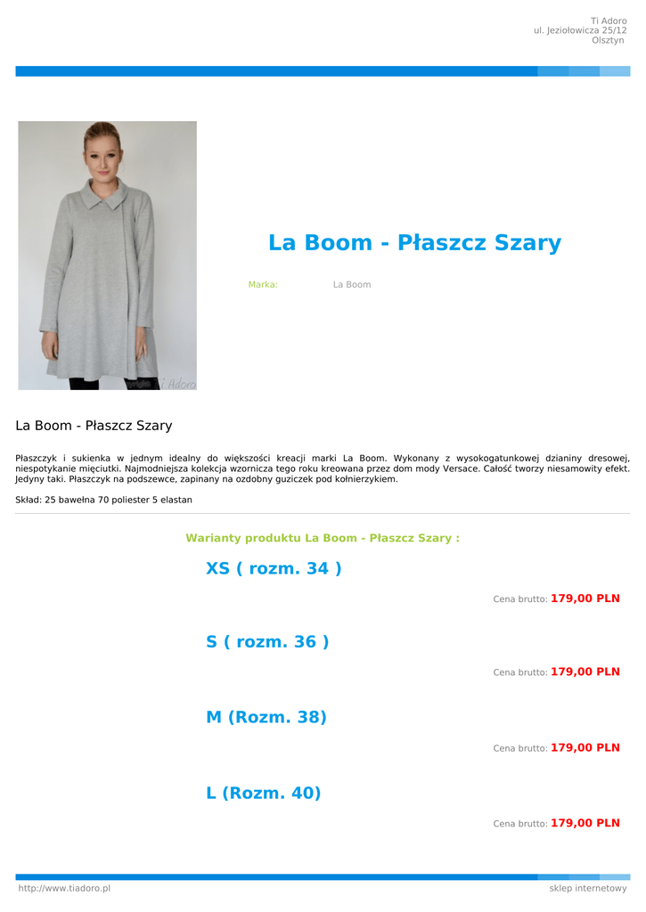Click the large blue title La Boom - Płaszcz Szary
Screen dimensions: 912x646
[414, 242]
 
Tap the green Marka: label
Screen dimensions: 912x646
[263, 285]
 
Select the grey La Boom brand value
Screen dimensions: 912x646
[352, 285]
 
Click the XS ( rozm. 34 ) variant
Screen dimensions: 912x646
[274, 568]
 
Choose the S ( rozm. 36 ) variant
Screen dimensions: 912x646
[267, 641]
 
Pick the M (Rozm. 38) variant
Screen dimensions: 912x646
[266, 717]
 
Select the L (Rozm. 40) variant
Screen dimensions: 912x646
[263, 793]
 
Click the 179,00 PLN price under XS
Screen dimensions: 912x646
[585, 598]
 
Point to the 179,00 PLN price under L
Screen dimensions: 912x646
[585, 823]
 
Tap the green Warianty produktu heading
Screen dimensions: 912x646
[323, 538]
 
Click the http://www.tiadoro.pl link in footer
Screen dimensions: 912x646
[64, 888]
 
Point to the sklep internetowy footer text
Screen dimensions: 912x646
[588, 888]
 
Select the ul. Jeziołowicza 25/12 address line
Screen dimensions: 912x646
[580, 30]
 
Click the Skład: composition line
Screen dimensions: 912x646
[103, 500]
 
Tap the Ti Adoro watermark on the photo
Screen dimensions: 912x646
[175, 383]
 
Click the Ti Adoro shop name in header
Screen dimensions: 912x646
[609, 20]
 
